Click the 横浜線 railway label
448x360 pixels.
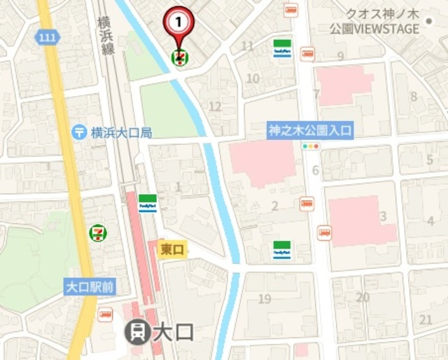[x=107, y=39]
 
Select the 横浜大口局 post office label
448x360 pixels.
[x=121, y=132]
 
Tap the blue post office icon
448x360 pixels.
[x=80, y=132]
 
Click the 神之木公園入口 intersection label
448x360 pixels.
[x=310, y=130]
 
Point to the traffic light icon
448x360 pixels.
[x=310, y=147]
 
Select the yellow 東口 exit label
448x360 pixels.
[x=172, y=249]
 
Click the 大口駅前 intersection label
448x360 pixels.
[x=88, y=287]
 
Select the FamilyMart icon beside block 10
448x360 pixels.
[x=282, y=48]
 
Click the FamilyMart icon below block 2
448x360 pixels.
[x=282, y=250]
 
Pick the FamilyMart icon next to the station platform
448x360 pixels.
[x=148, y=203]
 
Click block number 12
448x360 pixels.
[x=215, y=106]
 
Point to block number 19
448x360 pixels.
[x=264, y=300]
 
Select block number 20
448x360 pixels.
[x=362, y=297]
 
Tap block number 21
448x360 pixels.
[x=426, y=319]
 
